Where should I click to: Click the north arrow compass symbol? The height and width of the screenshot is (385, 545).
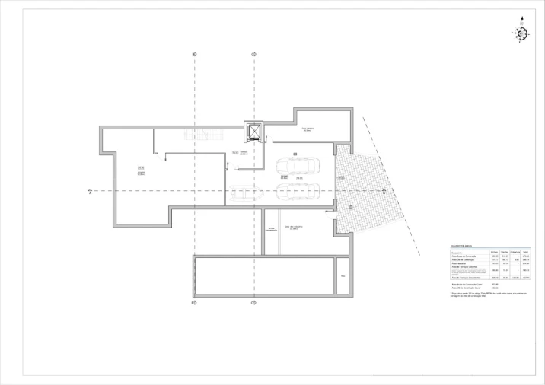point(521,33)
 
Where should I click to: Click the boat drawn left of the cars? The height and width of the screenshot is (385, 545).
point(246,193)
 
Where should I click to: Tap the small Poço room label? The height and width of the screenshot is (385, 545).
point(343,275)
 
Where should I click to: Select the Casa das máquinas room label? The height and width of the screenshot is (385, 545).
point(292,228)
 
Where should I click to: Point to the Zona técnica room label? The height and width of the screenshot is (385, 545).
point(308,130)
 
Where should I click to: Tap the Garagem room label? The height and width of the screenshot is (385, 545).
point(283,177)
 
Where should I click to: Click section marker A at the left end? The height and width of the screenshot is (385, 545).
point(90,192)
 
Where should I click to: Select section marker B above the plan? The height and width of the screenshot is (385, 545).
point(195,54)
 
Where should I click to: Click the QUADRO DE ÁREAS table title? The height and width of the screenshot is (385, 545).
point(463,247)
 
